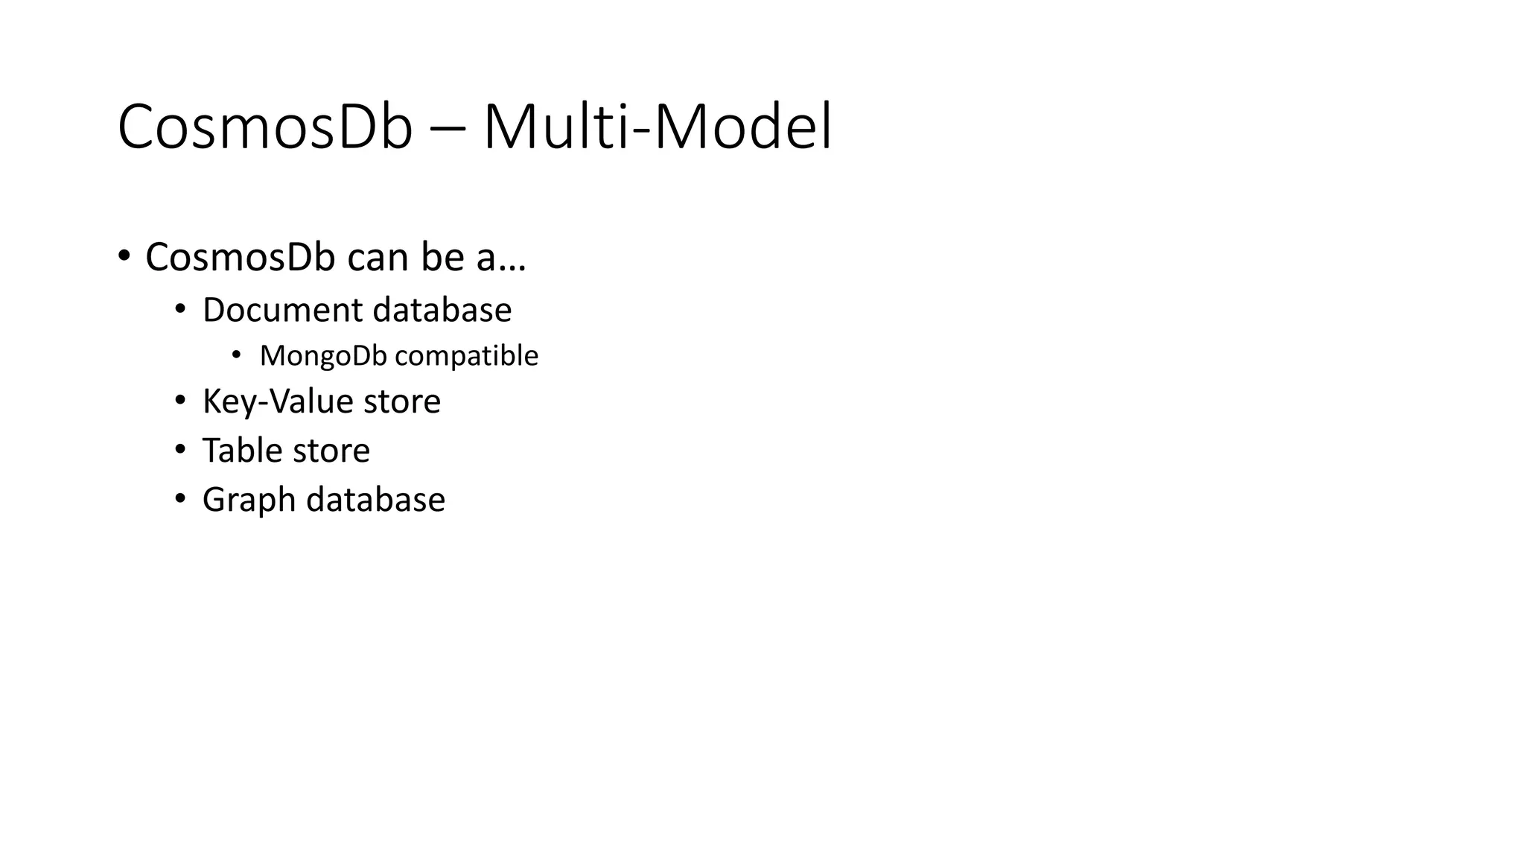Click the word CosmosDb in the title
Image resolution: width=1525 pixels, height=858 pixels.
pos(264,127)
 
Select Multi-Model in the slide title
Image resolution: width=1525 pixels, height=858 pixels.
pos(658,127)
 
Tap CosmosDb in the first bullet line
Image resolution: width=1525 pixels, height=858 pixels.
pos(241,257)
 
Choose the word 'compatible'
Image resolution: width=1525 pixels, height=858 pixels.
pos(467,356)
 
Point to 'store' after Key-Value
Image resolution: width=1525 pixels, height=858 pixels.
pos(402,401)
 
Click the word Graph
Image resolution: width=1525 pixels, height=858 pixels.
pos(249,500)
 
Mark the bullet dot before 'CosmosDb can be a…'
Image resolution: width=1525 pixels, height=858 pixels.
pos(124,257)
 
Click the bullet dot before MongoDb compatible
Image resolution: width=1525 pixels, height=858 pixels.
pos(237,355)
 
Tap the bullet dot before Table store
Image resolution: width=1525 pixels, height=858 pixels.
pos(180,450)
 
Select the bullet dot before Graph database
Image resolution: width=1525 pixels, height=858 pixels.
pos(180,498)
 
